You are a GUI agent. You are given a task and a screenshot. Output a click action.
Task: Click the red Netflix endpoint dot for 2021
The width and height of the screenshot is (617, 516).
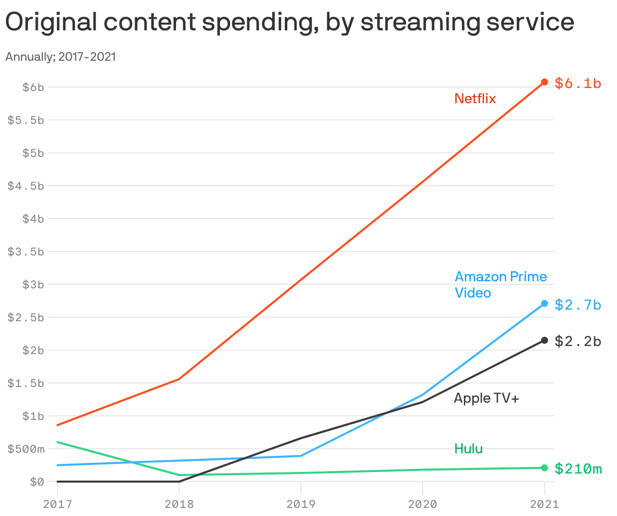545,82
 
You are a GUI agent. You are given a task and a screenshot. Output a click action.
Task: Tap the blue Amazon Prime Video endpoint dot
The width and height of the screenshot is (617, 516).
545,304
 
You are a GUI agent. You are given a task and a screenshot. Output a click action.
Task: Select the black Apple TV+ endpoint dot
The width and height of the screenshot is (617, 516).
545,340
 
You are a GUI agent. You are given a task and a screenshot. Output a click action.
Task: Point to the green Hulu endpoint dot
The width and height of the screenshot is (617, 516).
545,467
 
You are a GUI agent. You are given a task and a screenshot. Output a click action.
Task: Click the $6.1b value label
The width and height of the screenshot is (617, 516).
578,83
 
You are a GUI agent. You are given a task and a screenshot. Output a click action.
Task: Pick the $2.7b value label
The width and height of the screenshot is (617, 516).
578,305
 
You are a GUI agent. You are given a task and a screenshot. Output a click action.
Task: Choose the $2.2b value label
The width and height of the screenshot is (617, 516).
578,341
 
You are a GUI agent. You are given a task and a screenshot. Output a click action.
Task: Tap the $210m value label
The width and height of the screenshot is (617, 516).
578,469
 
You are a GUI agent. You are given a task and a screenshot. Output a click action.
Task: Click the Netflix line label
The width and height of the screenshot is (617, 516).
475,98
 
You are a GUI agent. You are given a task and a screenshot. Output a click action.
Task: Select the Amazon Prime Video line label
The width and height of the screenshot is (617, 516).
500,284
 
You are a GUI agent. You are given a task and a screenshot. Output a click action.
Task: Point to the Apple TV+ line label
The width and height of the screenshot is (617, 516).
486,398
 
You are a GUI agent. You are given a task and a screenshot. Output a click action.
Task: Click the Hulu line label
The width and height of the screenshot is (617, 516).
468,448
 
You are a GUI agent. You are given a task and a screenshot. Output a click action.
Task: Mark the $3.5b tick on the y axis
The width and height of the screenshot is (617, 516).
26,251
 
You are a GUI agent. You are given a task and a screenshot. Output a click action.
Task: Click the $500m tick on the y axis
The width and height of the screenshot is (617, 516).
26,449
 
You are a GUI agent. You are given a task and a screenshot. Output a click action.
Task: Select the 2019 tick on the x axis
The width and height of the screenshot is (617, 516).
301,504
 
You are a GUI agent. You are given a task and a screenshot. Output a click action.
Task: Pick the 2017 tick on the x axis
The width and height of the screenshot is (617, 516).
57,504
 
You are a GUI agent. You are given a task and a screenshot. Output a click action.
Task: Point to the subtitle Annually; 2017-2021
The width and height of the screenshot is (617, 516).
61,57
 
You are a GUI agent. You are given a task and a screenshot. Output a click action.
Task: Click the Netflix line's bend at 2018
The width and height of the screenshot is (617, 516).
179,379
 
